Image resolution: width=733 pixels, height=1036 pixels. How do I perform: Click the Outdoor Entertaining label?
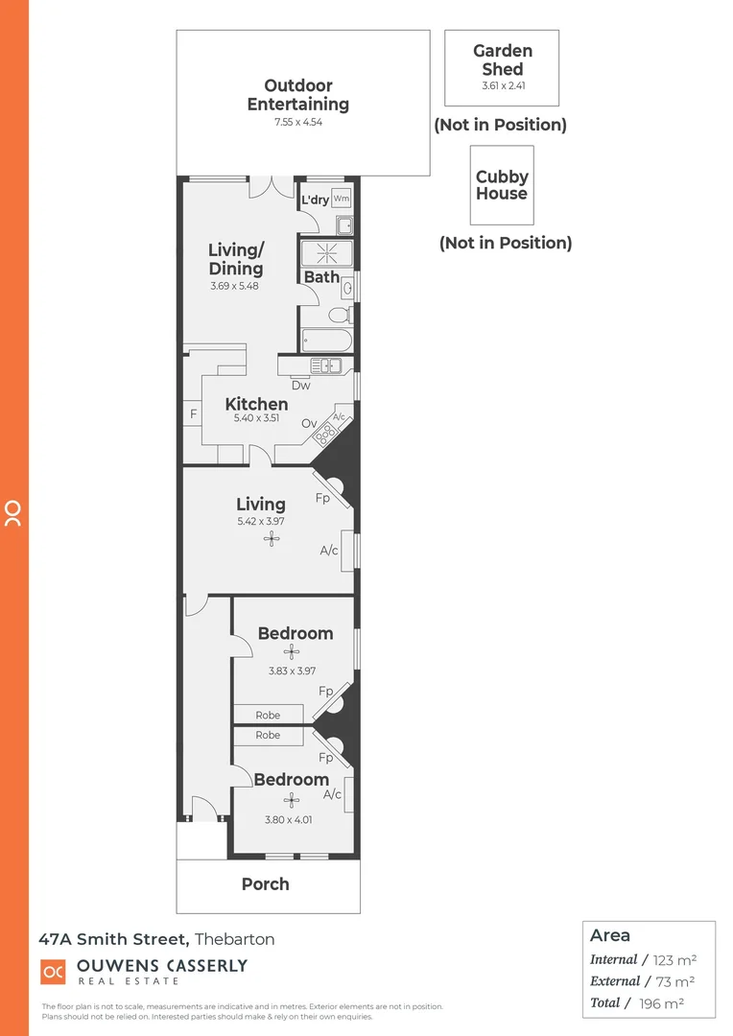coord(298,95)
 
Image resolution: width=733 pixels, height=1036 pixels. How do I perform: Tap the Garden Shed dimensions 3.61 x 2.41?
coord(504,85)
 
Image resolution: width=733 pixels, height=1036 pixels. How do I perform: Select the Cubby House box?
coord(502,185)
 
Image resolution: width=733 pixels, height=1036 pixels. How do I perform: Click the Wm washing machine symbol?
coord(342,199)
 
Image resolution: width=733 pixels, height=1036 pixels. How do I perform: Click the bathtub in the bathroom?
coord(326,339)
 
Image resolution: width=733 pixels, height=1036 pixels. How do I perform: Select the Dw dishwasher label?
coord(301,386)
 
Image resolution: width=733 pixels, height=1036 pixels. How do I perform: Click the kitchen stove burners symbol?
coord(325,434)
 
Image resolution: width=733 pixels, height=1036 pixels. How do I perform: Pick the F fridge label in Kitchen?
coord(193,414)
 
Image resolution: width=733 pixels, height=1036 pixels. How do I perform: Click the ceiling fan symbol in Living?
coord(272,539)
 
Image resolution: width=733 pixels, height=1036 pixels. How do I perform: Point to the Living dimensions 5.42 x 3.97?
coord(260,522)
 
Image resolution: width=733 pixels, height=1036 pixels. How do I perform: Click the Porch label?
coord(265,884)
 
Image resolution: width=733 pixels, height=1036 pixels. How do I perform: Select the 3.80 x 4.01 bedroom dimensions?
coord(289,819)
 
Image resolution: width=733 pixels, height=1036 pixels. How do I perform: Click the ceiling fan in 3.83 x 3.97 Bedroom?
coord(292,652)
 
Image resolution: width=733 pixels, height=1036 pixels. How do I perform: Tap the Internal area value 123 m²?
coord(674,959)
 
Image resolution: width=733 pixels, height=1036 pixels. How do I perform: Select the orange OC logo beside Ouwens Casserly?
coord(54,972)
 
